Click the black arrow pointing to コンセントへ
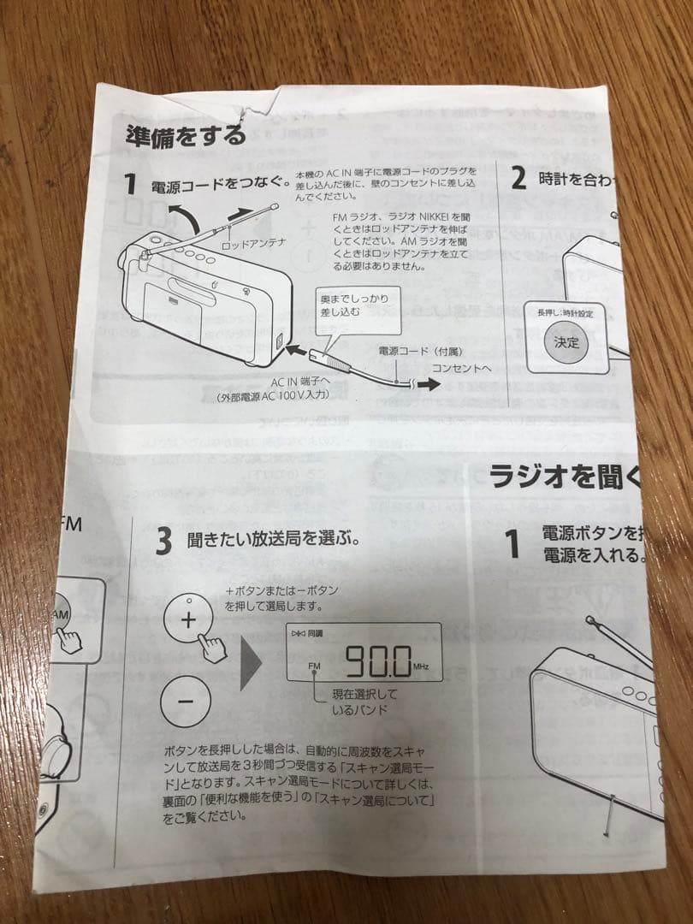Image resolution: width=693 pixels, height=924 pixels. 428,385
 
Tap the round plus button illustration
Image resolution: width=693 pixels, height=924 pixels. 187,619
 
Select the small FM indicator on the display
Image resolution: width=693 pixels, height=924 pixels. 314,666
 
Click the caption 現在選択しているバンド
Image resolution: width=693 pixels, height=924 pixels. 364,702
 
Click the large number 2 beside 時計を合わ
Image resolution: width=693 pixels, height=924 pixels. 518,178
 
